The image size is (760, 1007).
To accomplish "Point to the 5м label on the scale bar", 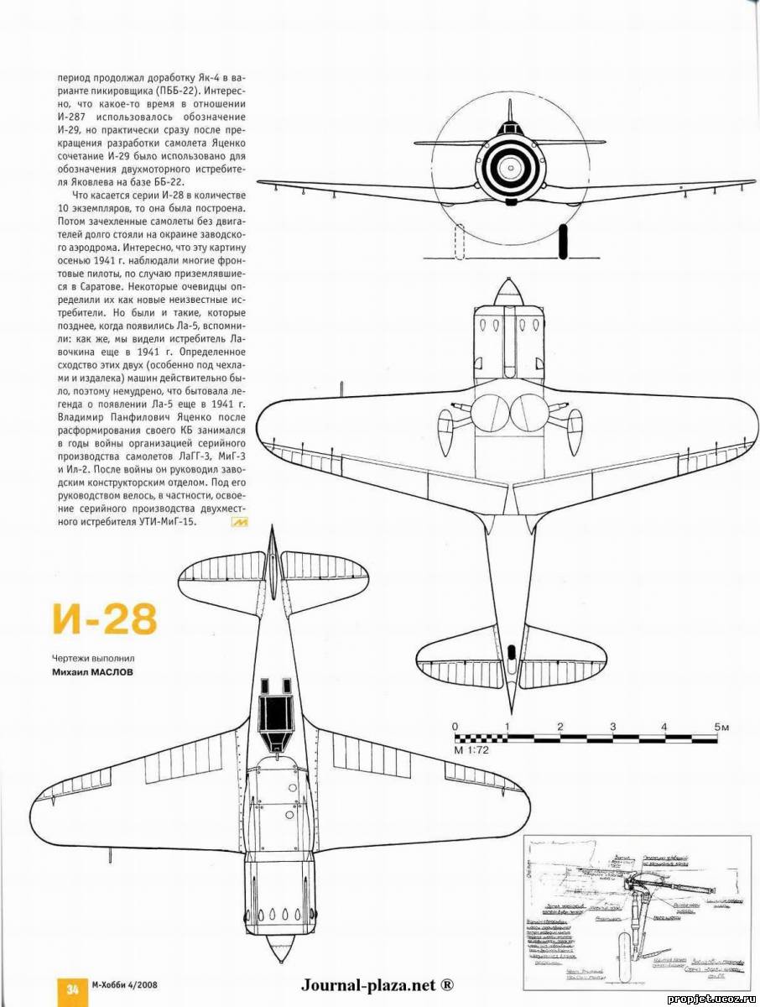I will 722,727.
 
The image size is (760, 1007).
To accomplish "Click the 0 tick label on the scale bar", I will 455,727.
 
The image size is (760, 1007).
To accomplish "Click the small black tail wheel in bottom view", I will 511,650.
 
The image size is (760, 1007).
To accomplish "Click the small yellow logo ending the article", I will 237,522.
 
